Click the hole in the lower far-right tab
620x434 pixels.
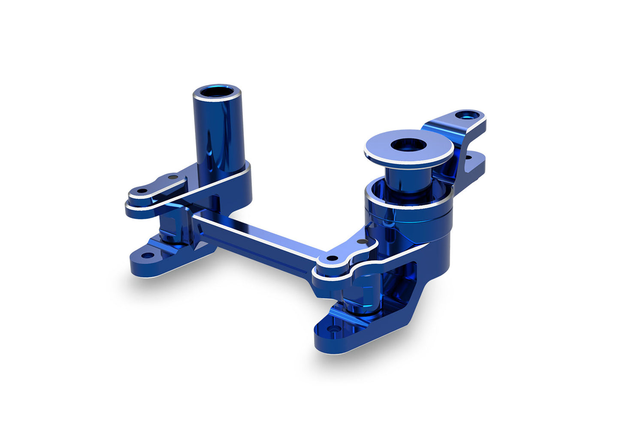click(x=468, y=158)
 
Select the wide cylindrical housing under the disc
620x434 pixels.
click(x=408, y=223)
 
